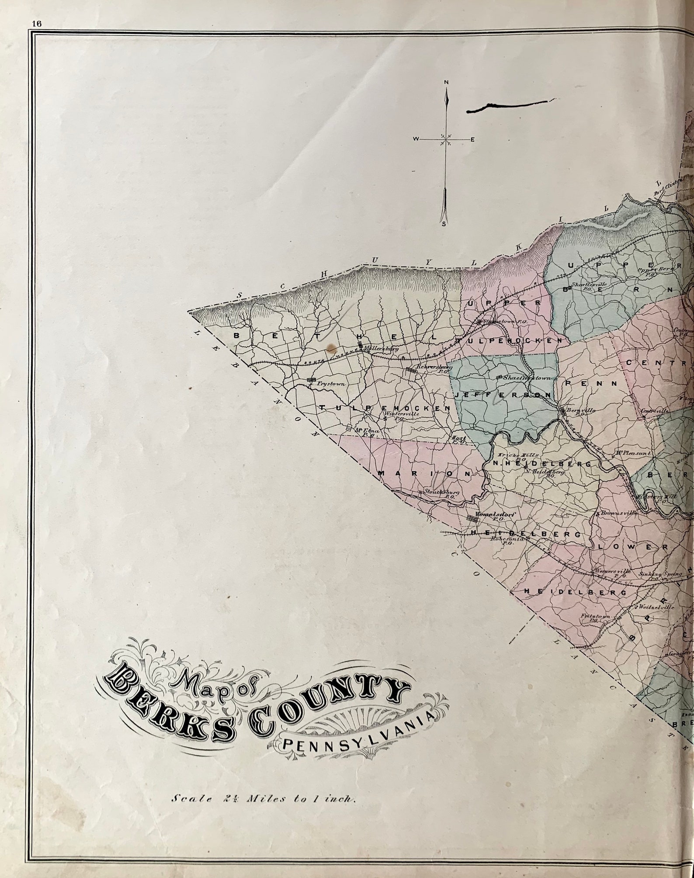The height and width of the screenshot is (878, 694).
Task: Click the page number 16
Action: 36,24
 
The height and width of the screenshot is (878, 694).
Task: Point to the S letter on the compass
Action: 444,224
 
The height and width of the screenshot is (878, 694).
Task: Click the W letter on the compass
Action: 416,139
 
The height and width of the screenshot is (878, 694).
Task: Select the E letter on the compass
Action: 472,139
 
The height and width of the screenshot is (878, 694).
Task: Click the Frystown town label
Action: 331,384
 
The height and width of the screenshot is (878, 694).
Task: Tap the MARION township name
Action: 425,473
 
